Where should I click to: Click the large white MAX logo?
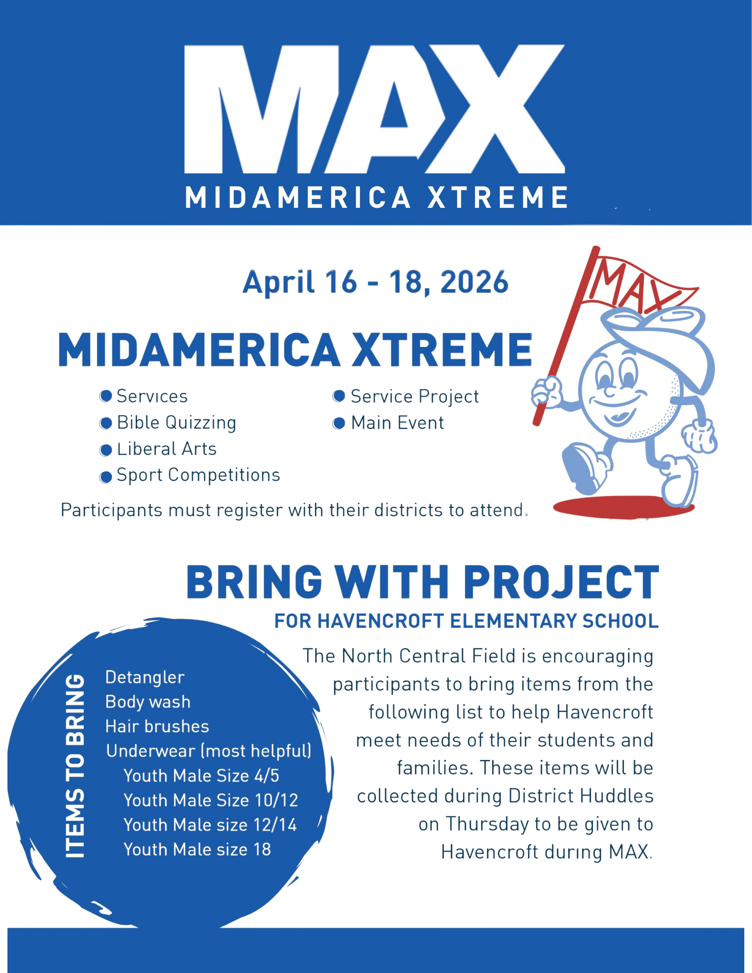point(374,109)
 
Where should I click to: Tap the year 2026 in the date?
point(474,282)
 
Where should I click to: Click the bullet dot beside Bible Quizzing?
point(106,423)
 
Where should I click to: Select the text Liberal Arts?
point(166,449)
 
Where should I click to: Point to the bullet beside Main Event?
point(339,423)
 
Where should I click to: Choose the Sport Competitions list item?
point(198,475)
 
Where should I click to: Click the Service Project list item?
point(415,397)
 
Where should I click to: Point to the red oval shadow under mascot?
point(624,507)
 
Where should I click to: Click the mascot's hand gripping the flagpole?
point(547,392)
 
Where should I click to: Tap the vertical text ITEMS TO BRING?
point(75,766)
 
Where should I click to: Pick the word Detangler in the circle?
point(145,678)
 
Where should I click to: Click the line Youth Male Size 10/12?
point(211,800)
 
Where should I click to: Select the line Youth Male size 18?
point(197,849)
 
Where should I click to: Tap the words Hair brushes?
point(157,727)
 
